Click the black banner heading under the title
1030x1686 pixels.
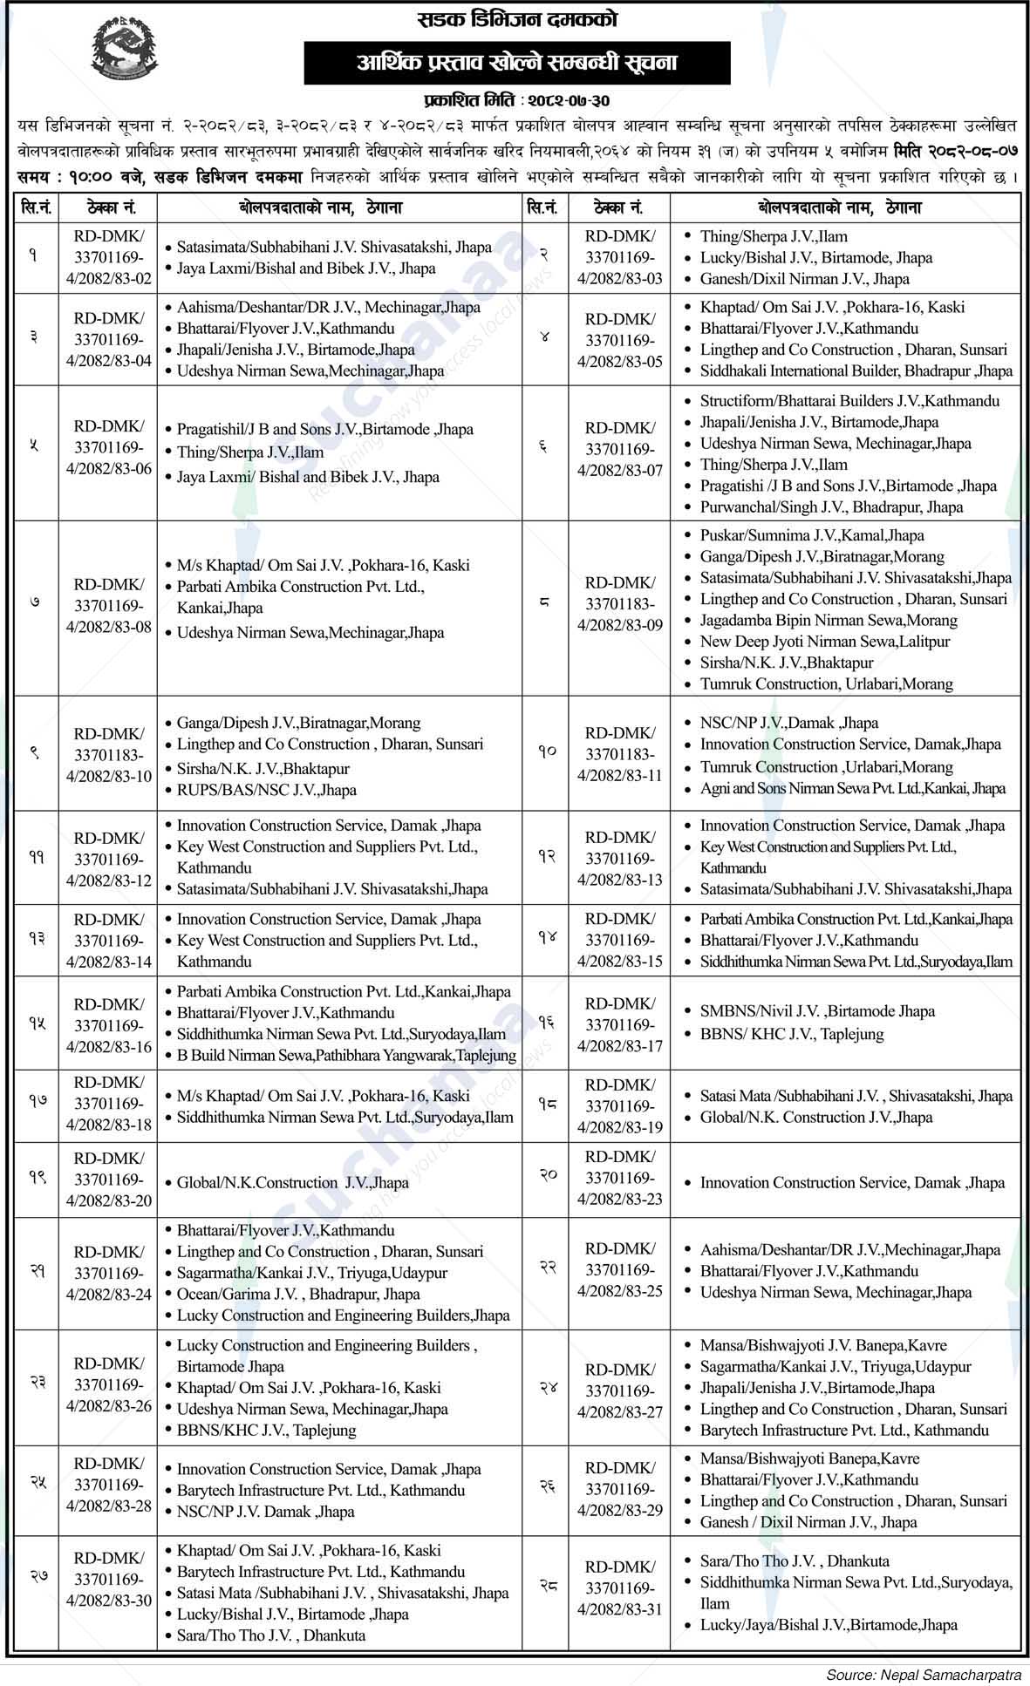tap(516, 63)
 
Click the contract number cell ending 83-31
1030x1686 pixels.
tap(619, 1593)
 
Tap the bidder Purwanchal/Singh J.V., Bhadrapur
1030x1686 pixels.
tap(831, 506)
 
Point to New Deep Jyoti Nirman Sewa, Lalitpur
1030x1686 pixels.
tap(824, 642)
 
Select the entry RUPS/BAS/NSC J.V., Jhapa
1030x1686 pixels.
tap(266, 790)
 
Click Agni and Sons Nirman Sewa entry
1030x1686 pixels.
tap(852, 788)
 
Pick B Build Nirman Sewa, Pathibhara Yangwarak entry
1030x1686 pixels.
tap(346, 1055)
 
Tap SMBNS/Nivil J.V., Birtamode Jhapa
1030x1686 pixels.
tap(817, 1011)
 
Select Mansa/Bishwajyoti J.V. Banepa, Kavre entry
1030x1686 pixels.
tap(822, 1345)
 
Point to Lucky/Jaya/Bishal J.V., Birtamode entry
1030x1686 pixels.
tap(828, 1624)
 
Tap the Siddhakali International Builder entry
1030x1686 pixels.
tap(856, 371)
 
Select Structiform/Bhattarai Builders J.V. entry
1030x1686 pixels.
tap(849, 401)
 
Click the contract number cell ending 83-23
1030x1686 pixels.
tap(619, 1178)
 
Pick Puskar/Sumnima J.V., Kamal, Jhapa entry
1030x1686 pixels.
tap(811, 535)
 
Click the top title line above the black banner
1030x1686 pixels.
tap(517, 19)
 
